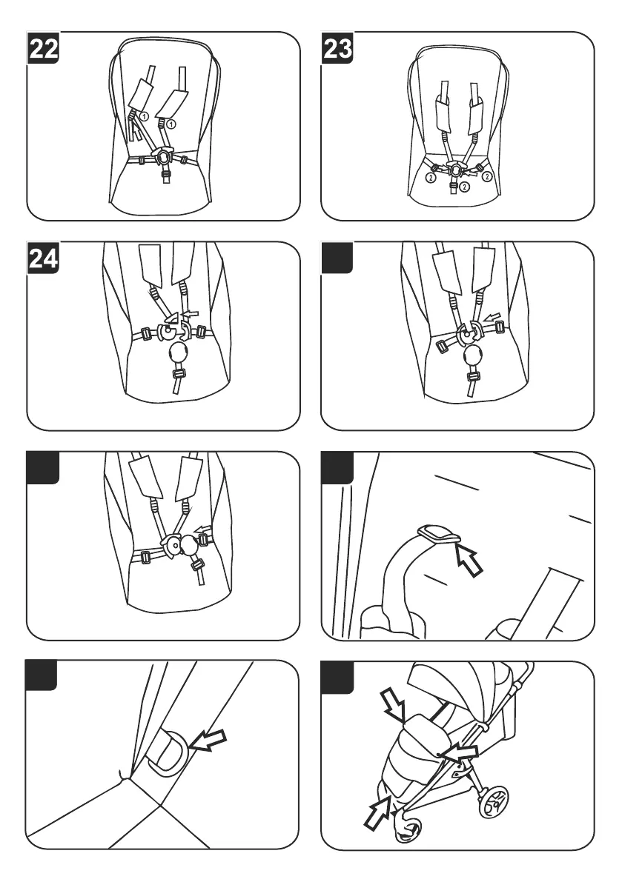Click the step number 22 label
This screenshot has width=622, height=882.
[43, 48]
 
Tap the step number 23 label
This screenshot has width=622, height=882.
[337, 48]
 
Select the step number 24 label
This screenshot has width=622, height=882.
[43, 258]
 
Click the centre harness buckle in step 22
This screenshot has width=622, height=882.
[165, 153]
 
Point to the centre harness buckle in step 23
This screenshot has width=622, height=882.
[454, 167]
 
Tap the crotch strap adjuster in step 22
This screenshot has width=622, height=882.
[165, 174]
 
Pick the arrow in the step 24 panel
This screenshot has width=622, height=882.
[192, 313]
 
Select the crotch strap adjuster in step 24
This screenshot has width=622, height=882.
[179, 375]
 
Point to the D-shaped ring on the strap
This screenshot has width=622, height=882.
[167, 752]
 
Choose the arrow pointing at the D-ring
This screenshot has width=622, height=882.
[207, 740]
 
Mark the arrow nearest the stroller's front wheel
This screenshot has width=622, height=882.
[377, 811]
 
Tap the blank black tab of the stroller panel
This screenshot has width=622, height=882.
[337, 678]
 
